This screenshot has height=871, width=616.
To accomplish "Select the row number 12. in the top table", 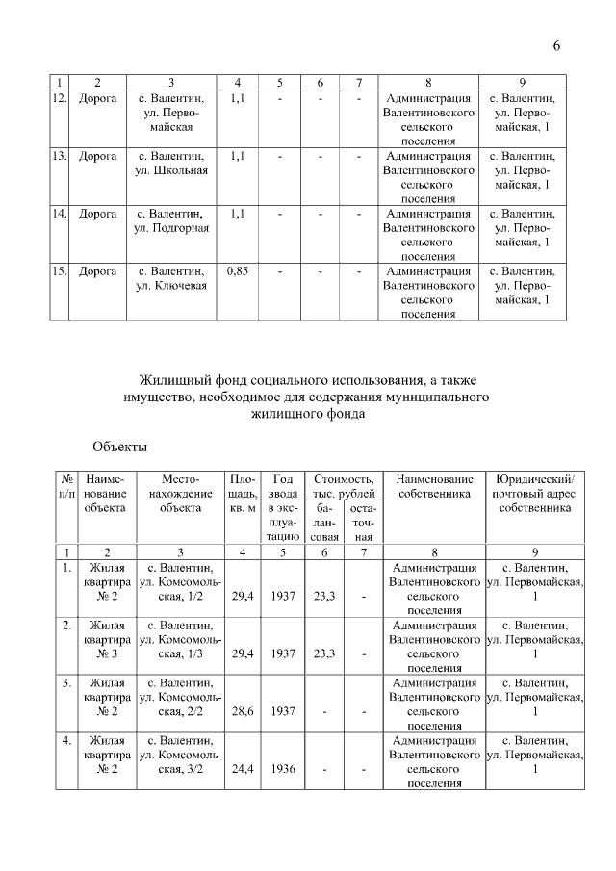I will click(x=60, y=98).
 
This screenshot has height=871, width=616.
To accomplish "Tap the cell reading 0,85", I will click(x=238, y=271).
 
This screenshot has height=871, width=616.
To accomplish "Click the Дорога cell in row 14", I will click(x=97, y=214).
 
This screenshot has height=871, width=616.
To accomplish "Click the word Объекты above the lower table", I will click(x=120, y=447).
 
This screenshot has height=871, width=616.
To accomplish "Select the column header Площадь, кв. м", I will click(x=242, y=493).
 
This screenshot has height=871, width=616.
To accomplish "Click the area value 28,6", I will click(x=242, y=711).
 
